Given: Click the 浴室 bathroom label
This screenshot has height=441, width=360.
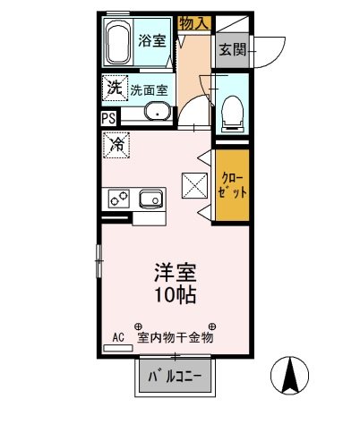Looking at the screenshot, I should [151, 40].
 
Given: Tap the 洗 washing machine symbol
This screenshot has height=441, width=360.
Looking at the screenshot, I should [115, 88].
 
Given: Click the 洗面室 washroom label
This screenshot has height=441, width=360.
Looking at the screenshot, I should [150, 89].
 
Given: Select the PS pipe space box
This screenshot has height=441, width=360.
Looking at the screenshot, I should [108, 117].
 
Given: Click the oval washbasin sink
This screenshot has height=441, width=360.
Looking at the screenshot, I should [157, 113].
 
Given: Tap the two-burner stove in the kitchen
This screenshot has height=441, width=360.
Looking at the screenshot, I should [116, 199].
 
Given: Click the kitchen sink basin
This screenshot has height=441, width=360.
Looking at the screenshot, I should [148, 199].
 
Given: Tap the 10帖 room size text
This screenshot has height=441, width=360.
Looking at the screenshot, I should [176, 293].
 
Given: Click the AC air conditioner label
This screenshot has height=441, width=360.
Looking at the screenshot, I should [117, 338].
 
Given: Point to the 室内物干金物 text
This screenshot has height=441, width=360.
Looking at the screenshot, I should [176, 338].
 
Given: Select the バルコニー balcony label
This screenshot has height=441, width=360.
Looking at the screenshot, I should [175, 377].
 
